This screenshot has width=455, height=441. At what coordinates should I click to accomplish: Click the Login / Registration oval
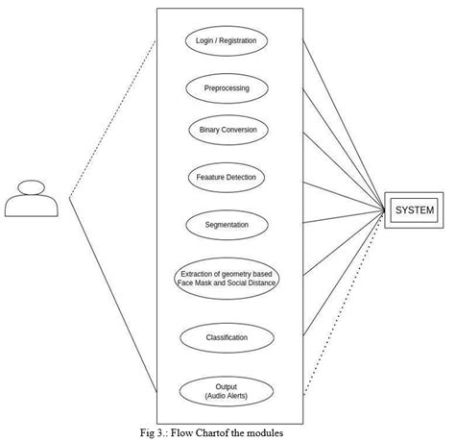(227, 41)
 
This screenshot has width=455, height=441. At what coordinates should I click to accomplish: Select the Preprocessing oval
(227, 87)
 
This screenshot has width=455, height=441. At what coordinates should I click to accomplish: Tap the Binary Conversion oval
(227, 130)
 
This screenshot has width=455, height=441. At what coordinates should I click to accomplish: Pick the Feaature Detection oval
(227, 177)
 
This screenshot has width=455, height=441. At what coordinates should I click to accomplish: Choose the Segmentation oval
(227, 225)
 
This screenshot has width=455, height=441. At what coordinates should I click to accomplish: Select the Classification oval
(227, 337)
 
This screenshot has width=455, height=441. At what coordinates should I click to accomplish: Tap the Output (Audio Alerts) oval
(227, 391)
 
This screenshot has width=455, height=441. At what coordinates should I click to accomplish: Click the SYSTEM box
(415, 210)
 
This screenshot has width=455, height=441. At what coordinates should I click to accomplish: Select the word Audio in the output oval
(219, 396)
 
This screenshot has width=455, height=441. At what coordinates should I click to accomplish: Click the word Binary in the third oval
(210, 130)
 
